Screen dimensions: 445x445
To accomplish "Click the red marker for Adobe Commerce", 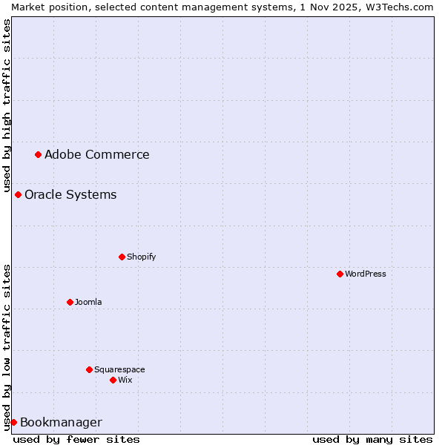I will point(38,154).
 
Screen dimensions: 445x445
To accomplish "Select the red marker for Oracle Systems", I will point(18,194).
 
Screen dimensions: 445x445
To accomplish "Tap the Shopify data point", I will point(122,257).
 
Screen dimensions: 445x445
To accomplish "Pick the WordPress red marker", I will point(340,274).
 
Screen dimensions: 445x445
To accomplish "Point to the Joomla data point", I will point(70,302).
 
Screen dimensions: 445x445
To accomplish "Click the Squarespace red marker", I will point(89,369).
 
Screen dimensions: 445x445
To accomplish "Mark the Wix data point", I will point(113,380).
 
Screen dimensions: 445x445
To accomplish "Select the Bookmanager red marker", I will point(13,422).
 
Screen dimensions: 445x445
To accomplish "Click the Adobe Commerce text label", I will point(96,154).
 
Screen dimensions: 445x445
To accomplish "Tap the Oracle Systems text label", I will point(70,194).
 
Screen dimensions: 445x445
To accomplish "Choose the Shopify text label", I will point(141,257).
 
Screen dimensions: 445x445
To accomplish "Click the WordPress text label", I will point(365,274).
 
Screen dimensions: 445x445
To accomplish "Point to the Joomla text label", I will point(88,302).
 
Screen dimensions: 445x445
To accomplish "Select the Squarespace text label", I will point(119,369).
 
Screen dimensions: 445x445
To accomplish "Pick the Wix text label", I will point(125,380).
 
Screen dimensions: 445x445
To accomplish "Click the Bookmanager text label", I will point(61,422).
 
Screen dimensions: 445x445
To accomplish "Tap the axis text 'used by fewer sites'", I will point(76,439).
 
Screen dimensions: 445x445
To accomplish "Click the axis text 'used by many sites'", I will point(372,439).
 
